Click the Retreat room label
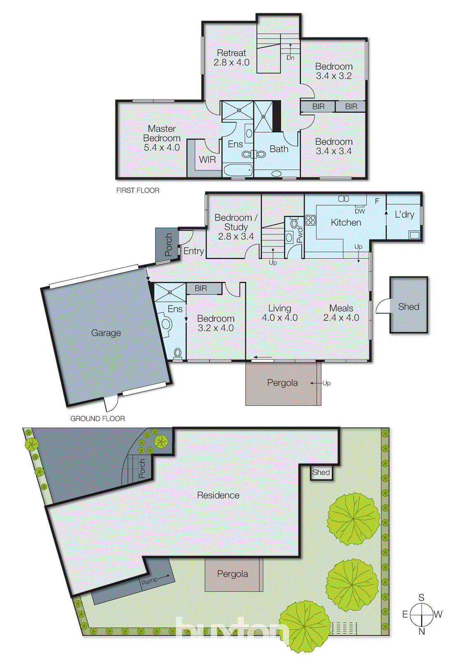point(231,58)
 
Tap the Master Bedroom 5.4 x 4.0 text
point(162,138)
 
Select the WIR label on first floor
point(207,160)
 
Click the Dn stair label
point(290,58)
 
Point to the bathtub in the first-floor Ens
point(238,170)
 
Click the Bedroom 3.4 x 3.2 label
point(333,71)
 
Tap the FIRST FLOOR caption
point(138,190)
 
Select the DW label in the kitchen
point(360,211)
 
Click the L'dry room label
point(404,215)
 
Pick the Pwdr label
point(300,234)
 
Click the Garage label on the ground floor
point(106,333)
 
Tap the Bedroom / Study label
point(236,227)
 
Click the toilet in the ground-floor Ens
point(178,352)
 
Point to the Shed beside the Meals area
point(408,306)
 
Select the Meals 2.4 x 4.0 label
point(341,313)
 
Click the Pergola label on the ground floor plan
point(282,383)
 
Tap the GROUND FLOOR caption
point(97,419)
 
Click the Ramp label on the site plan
point(149,581)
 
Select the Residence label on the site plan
point(218,495)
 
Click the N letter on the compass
point(421,632)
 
